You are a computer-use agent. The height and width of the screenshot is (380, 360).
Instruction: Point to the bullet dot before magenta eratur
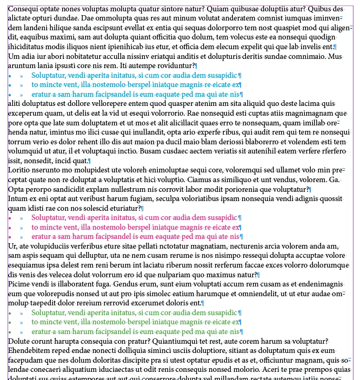10,236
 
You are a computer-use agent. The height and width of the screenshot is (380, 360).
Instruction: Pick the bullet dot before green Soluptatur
10,313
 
